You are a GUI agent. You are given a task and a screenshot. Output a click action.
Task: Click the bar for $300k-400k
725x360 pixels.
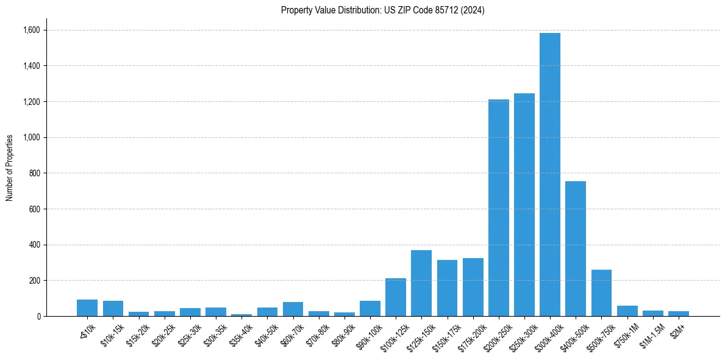550,175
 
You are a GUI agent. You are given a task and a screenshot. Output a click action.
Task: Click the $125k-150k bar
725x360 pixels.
421,283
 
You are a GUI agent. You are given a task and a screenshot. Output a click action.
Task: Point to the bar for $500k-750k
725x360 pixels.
601,293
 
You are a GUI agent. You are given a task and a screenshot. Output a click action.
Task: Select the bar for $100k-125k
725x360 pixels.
396,297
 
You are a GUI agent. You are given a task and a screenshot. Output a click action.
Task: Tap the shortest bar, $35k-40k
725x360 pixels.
241,315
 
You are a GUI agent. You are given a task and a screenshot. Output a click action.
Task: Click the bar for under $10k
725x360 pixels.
87,308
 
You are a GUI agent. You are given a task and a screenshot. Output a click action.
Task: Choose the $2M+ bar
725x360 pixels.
679,314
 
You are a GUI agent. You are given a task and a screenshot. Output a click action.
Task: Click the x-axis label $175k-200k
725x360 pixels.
471,334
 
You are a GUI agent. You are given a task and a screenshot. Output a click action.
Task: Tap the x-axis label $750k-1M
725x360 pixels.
627,333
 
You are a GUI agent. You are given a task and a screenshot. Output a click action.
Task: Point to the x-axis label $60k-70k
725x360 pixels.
293,333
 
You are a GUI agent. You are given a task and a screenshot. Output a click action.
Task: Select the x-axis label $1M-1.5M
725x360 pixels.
651,334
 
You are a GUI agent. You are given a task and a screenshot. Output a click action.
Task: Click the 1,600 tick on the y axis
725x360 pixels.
32,30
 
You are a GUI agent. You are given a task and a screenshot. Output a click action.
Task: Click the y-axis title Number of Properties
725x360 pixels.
10,167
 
